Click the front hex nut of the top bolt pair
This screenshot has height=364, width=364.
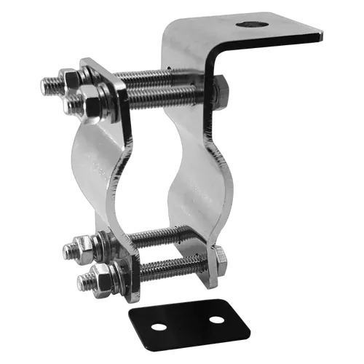click(94, 106)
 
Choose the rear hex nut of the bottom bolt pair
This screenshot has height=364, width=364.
click(74, 250)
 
